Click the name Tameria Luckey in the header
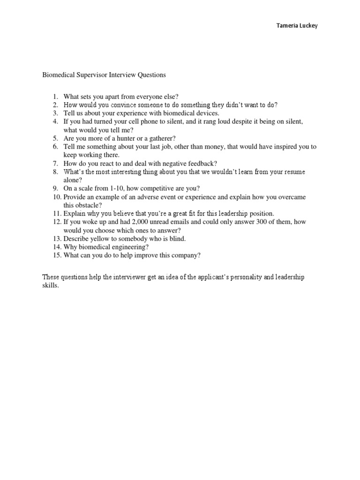296,26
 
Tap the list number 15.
56,255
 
